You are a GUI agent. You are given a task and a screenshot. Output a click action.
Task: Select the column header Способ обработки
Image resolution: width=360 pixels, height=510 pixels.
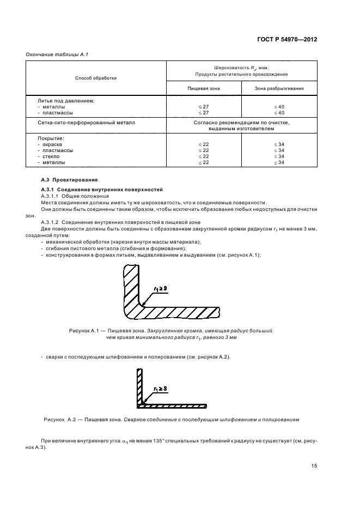pos(96,78)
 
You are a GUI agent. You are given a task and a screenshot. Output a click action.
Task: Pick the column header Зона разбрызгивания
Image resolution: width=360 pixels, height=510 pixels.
pos(279,88)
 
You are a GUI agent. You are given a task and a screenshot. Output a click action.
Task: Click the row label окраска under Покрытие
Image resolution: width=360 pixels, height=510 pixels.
pos(54,144)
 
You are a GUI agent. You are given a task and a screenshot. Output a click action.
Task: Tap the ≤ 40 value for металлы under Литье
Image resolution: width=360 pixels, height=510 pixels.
pos(279,107)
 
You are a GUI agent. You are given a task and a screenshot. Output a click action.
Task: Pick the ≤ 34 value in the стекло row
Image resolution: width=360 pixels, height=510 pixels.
pos(279,156)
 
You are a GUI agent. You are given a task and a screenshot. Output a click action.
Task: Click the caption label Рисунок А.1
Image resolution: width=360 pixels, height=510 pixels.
pos(83,331)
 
